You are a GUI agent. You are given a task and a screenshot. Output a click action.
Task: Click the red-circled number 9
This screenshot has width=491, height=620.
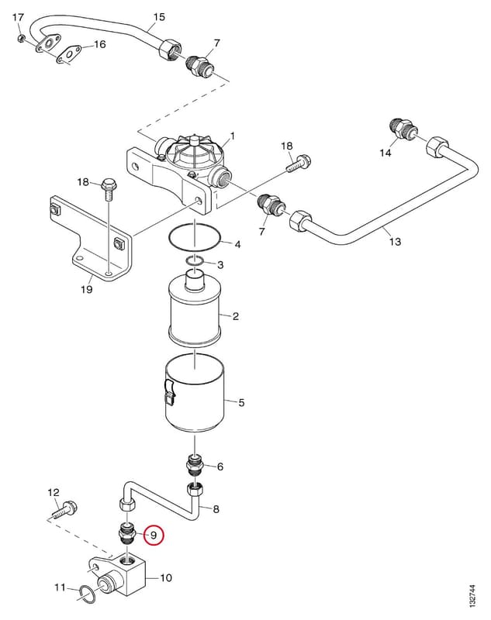154,535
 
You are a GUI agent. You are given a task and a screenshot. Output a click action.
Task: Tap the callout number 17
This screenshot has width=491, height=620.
18,17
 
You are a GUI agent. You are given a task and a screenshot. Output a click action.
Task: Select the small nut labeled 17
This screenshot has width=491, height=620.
21,38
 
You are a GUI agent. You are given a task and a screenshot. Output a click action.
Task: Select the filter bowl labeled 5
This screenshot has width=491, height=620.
194,395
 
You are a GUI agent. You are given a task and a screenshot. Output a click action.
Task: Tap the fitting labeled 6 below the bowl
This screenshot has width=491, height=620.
195,465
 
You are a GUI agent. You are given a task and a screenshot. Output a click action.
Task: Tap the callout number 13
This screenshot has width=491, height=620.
395,241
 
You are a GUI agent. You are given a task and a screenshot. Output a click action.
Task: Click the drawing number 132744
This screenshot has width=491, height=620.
472,596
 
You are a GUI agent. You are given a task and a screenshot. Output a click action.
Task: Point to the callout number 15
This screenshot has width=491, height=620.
159,17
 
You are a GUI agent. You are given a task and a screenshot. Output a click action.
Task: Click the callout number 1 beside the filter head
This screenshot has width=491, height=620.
233,136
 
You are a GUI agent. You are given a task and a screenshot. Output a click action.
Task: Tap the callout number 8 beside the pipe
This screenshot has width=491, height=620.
216,509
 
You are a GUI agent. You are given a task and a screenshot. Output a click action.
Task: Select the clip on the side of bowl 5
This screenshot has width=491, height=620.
168,393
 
